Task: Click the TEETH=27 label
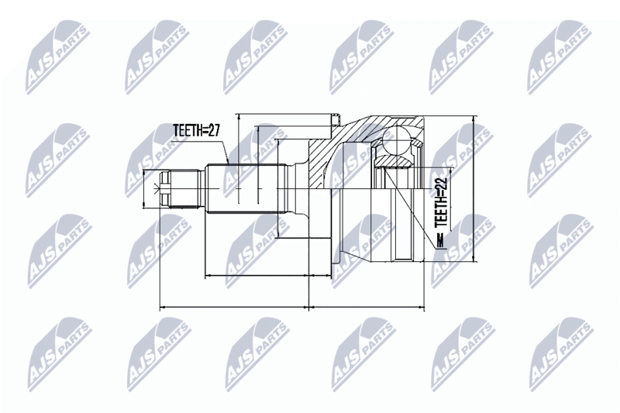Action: [196, 131]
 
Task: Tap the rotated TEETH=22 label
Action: [440, 202]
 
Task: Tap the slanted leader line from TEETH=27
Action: [225, 151]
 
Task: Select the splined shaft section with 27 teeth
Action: [246, 189]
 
